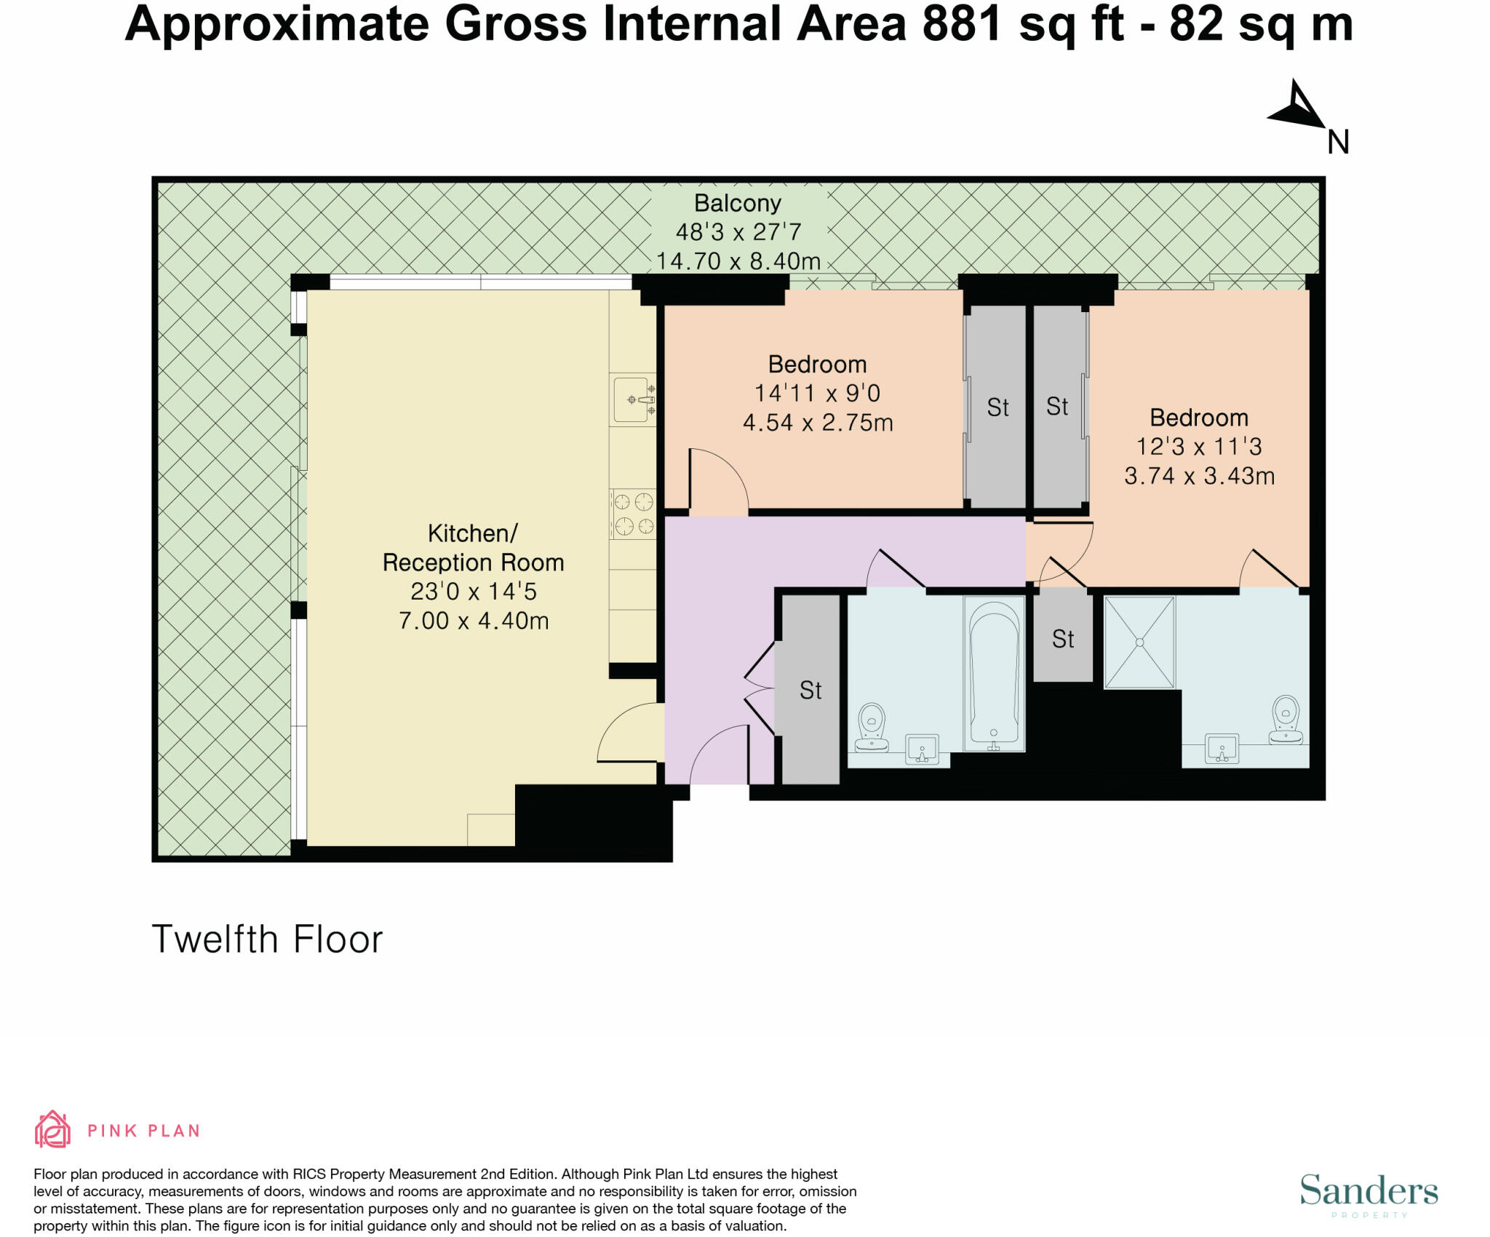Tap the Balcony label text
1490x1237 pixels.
(737, 203)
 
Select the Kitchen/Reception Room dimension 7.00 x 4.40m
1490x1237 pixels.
(474, 621)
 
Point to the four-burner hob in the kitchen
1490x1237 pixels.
(633, 514)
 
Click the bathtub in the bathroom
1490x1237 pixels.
(994, 674)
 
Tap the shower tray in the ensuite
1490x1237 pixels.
(1139, 642)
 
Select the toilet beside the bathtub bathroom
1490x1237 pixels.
(872, 727)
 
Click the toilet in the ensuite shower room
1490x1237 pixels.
(1286, 720)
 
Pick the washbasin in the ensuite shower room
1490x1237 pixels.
(1222, 749)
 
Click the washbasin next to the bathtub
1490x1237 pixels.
(922, 749)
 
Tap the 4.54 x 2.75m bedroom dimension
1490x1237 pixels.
(818, 423)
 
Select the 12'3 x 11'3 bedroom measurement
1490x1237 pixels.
(1199, 446)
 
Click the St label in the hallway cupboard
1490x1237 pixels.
(810, 690)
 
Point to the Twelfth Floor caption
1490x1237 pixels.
(267, 939)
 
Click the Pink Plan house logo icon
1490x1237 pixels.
(52, 1130)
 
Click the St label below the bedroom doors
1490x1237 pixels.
(1063, 639)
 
